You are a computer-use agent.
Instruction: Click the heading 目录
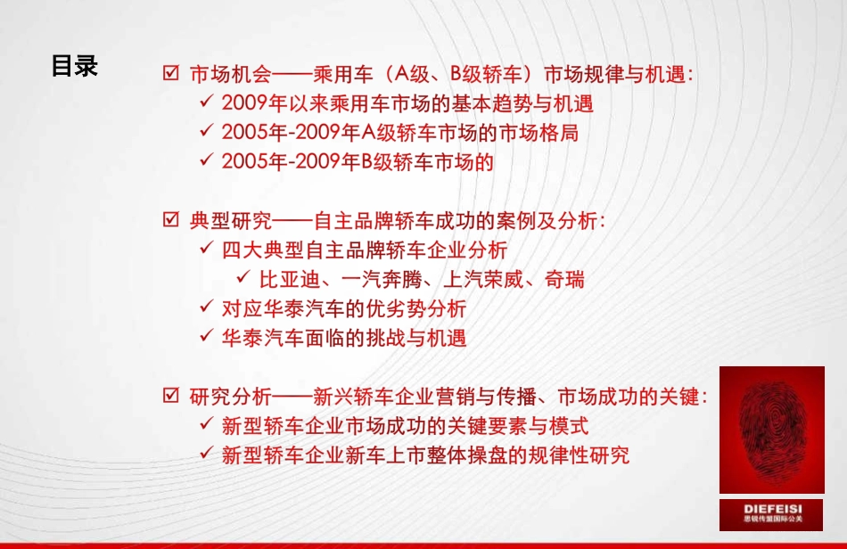pos(74,66)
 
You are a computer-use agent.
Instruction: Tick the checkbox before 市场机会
pos(171,74)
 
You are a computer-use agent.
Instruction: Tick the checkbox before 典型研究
pos(171,219)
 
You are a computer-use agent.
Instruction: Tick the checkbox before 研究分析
pos(171,396)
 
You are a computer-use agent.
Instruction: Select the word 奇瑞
pos(565,279)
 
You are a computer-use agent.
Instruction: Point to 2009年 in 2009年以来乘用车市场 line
pos(246,103)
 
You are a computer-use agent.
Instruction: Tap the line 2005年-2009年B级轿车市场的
pos(357,162)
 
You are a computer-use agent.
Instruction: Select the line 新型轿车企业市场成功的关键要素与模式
pos(405,426)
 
